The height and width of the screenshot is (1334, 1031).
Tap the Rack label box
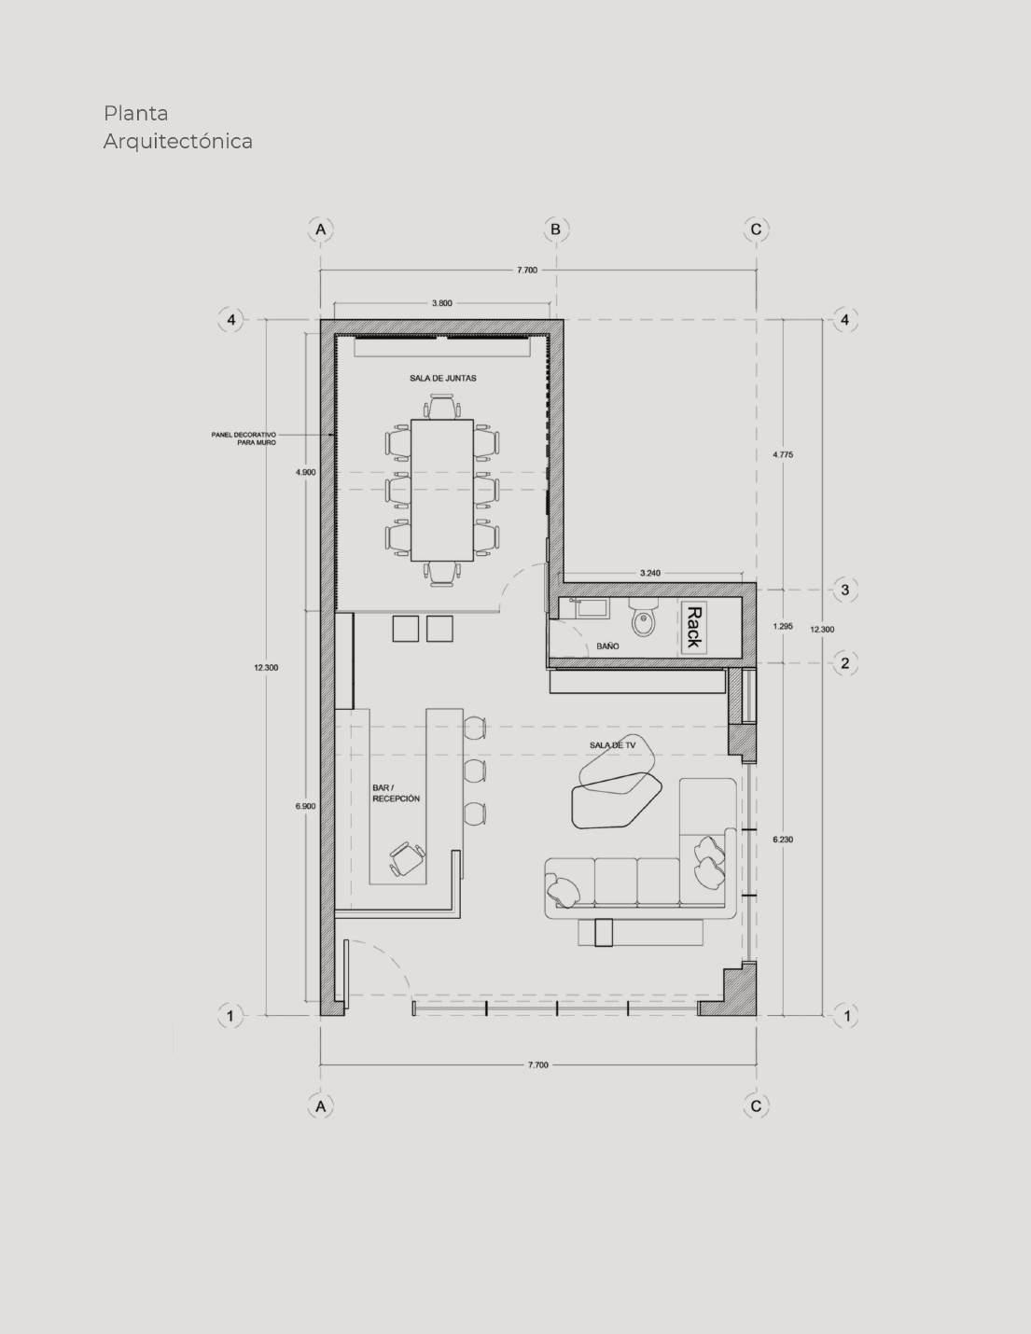click(693, 627)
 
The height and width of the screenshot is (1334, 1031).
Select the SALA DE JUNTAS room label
click(443, 378)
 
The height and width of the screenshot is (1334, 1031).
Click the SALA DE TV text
click(612, 745)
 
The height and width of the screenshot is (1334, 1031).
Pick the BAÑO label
click(607, 646)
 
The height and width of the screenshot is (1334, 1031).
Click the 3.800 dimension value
click(441, 303)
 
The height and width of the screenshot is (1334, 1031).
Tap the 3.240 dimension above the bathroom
click(650, 574)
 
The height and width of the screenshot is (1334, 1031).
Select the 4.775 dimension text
click(783, 455)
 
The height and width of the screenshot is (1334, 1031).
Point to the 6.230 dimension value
click(783, 840)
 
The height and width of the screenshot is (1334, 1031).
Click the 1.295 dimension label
click(783, 627)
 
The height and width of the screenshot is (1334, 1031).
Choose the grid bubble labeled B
click(556, 229)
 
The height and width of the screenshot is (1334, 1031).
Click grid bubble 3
click(845, 590)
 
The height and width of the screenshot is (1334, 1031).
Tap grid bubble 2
click(845, 663)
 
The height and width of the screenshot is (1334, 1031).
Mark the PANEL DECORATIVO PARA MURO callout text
click(244, 438)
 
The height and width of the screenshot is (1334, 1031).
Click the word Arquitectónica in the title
click(178, 142)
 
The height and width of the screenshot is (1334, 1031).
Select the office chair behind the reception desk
click(407, 858)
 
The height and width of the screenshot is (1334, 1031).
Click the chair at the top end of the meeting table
click(442, 407)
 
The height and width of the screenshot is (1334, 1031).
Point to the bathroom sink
click(592, 608)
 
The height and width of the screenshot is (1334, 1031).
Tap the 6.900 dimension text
click(305, 806)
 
